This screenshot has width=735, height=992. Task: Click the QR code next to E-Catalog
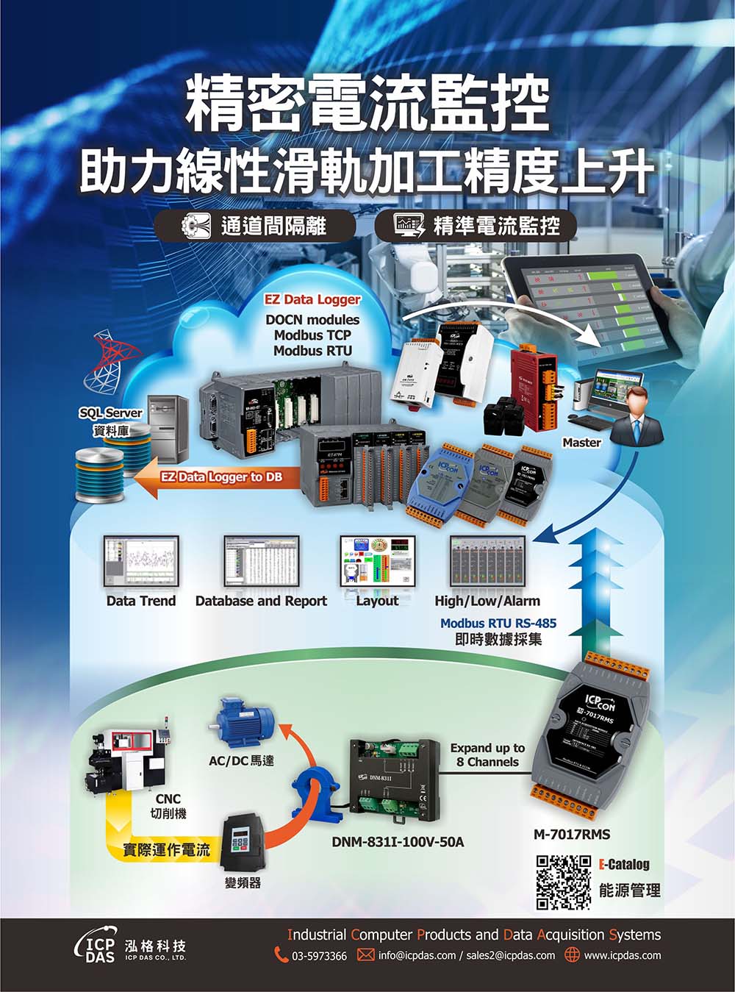(564, 882)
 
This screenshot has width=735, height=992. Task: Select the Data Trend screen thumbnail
(140, 560)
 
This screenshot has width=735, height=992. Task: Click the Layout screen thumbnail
(377, 560)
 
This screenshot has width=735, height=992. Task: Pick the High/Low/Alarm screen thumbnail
(487, 560)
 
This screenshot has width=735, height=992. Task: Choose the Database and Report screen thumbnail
(261, 560)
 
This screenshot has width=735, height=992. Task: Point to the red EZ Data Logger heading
(312, 299)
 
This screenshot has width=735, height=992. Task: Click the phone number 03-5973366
(319, 956)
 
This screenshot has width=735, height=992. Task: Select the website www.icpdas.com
(622, 955)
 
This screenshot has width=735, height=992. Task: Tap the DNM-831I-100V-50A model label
(397, 841)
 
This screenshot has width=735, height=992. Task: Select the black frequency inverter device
(245, 841)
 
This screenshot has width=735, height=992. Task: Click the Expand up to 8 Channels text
(487, 754)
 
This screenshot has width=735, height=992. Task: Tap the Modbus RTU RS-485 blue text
(498, 623)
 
